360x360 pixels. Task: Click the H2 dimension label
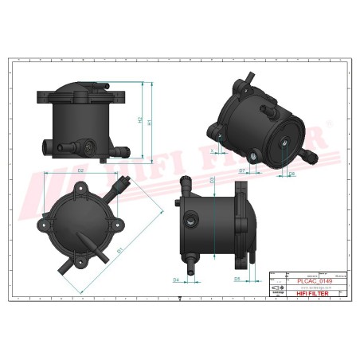(x=139, y=121)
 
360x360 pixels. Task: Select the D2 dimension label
(x=80, y=171)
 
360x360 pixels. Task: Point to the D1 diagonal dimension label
(x=120, y=252)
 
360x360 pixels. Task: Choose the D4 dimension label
(x=175, y=280)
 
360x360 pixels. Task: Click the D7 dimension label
(x=241, y=170)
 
